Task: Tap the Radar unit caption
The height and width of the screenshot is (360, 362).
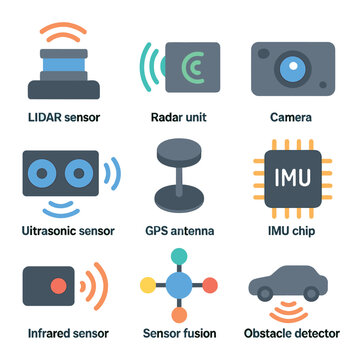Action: pos(179,117)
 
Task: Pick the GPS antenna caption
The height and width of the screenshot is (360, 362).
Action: pos(179,231)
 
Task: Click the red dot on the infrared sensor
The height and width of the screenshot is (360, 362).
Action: pos(59,286)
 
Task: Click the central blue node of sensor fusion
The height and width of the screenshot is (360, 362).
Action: pos(179,287)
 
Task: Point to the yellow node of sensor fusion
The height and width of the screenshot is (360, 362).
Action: pos(149,287)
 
